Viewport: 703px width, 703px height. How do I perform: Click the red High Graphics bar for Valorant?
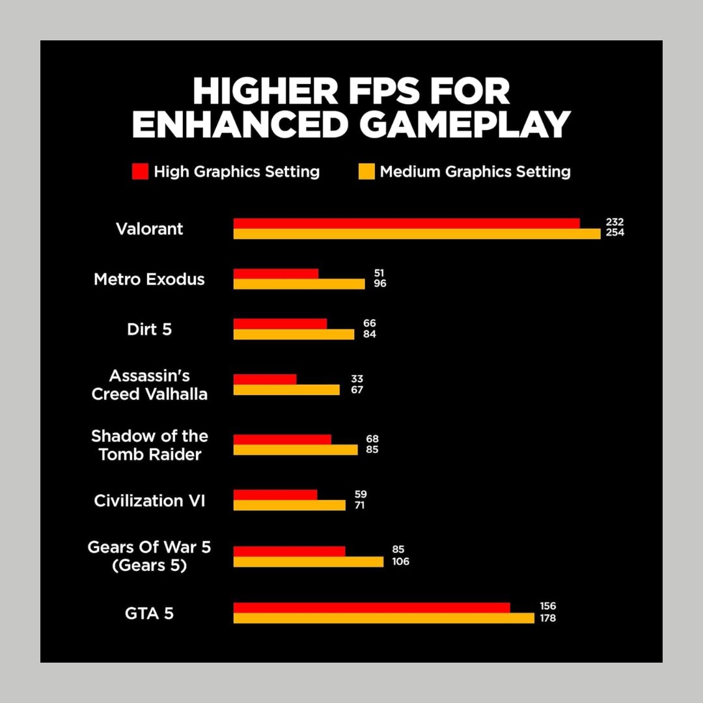[x=406, y=223]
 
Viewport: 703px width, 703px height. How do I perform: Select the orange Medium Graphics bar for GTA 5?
[x=383, y=618]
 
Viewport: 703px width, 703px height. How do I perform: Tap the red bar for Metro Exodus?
[x=276, y=274]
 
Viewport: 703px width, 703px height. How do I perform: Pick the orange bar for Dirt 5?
[x=294, y=334]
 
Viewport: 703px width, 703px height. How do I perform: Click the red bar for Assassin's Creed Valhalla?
[x=265, y=379]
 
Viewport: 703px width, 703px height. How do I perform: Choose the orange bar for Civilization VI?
[x=289, y=505]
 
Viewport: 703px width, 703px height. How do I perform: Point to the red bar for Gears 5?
[x=289, y=551]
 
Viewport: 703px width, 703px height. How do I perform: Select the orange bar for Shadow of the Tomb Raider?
[x=296, y=449]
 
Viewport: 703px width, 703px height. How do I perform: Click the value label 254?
[x=614, y=233]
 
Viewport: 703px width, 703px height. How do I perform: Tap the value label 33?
[x=357, y=379]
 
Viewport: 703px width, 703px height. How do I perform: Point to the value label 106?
[x=400, y=561]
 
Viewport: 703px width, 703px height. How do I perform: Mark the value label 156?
[x=547, y=606]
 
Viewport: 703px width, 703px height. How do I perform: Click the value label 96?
[x=379, y=284]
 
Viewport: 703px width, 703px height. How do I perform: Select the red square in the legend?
[x=140, y=172]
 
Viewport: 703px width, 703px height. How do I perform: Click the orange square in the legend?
[x=366, y=172]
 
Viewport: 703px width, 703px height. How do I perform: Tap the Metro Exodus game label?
[x=149, y=279]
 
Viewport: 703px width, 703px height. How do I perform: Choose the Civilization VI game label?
[x=149, y=501]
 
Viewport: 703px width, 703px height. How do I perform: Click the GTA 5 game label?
[x=149, y=613]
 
